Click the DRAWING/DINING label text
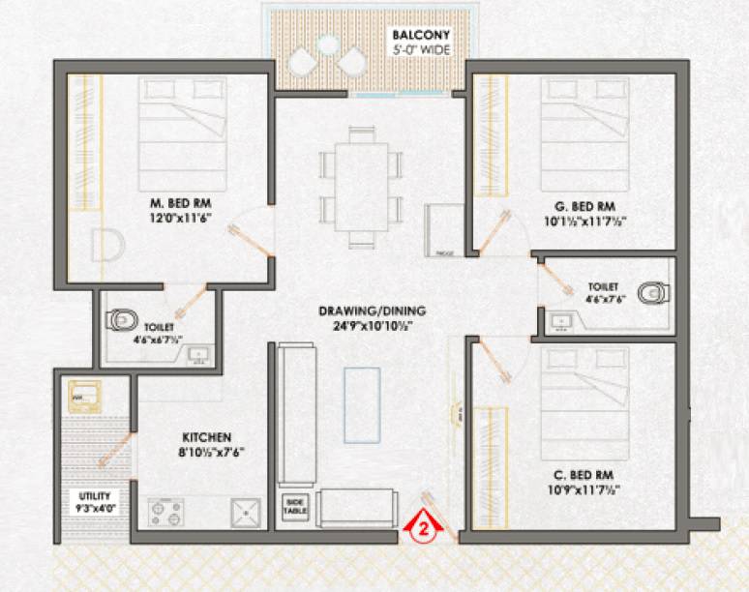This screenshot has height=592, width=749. pos(373,311)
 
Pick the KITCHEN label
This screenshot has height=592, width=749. pos(203,436)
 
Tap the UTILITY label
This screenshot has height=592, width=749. pos(94,495)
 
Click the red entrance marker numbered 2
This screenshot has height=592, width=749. pos(423,528)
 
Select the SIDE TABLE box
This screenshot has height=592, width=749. pos(294,506)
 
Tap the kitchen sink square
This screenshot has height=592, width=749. pos(246,512)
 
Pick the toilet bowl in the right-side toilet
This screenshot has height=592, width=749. pos(652,290)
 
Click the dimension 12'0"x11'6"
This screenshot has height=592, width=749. pos(180,219)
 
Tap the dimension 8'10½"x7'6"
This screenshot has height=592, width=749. pos(203,452)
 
